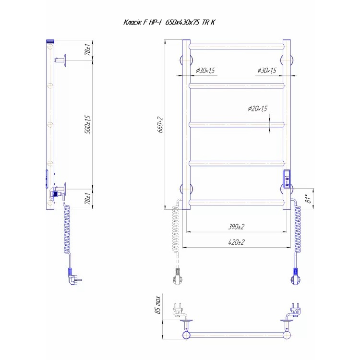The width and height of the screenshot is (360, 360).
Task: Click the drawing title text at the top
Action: (169, 22)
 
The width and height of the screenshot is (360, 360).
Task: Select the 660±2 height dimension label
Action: (160, 125)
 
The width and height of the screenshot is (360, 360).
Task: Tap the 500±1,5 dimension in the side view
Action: (88, 124)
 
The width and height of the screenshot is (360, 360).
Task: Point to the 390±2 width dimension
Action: (236, 227)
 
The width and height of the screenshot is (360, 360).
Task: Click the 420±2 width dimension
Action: (236, 242)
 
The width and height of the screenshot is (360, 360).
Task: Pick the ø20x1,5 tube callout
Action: (258, 108)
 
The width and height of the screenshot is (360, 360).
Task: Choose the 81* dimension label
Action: (309, 198)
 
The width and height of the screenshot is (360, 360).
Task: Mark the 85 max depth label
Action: (158, 305)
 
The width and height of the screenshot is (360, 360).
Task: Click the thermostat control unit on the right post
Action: (287, 179)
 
